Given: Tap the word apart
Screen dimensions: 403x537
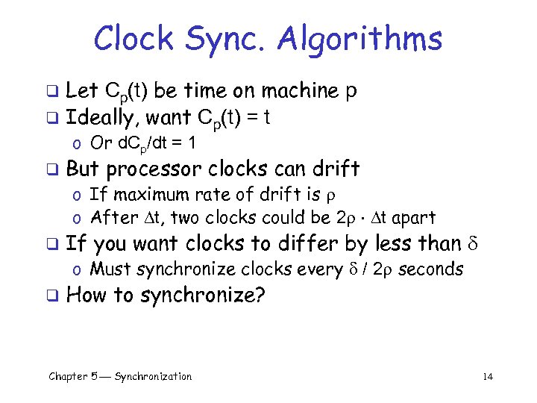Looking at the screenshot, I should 414,218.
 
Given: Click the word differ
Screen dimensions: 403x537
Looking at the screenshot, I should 307,243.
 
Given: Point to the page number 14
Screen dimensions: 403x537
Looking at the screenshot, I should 488,377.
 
